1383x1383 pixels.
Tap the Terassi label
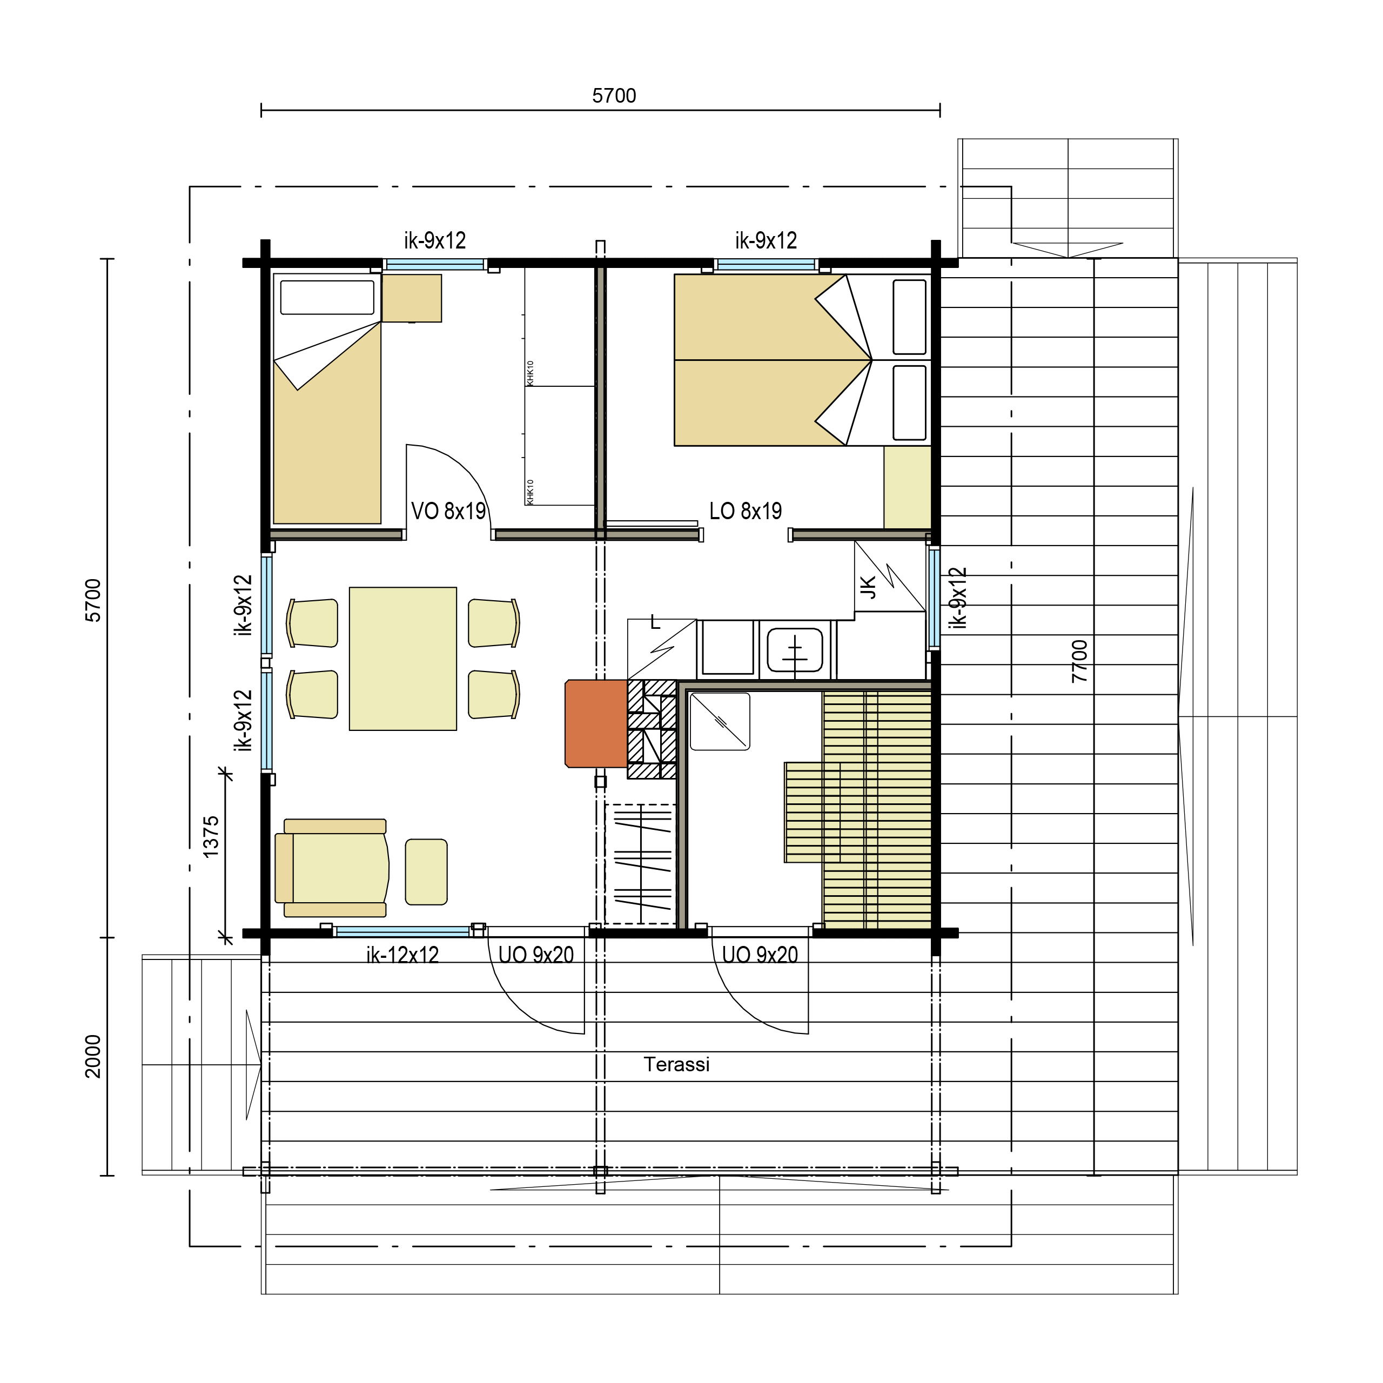pos(676,1064)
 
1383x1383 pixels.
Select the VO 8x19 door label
pos(448,511)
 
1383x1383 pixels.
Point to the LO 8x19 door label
pos(745,511)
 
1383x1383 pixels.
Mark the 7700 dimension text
pos(1079,661)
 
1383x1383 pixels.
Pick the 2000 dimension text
pos(93,1056)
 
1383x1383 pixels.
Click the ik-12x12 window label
pos(402,955)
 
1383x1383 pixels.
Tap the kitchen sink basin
pos(795,649)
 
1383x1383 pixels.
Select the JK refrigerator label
pos(868,588)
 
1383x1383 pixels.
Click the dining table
pos(403,659)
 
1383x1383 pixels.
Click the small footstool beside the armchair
pos(426,872)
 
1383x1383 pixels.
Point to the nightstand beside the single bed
pos(412,299)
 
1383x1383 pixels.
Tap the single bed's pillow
pos(327,297)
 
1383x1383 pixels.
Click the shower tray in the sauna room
pos(720,722)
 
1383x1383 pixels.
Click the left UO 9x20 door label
pos(536,955)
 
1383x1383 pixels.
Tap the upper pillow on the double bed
pos(910,317)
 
